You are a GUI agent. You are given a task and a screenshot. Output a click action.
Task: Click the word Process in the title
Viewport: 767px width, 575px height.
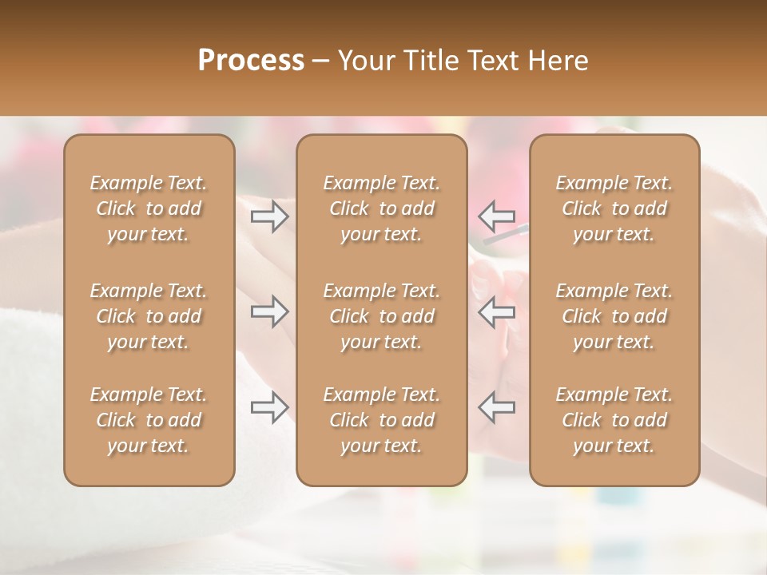click(251, 60)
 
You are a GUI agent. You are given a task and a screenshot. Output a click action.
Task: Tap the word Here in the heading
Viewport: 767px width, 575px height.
click(558, 60)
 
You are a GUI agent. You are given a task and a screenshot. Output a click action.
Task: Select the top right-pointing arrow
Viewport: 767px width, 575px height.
click(269, 216)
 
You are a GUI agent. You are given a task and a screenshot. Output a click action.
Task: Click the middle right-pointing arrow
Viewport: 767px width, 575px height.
click(269, 311)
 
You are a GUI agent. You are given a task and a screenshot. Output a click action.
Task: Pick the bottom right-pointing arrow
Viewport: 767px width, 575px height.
click(269, 407)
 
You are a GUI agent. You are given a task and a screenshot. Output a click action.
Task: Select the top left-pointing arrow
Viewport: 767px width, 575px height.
click(496, 216)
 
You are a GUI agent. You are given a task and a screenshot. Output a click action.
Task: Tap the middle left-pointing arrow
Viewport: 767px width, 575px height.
click(496, 311)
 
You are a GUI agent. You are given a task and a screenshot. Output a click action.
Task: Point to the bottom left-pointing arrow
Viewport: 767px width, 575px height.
click(496, 407)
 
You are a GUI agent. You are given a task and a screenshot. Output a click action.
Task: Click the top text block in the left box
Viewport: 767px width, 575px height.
click(149, 208)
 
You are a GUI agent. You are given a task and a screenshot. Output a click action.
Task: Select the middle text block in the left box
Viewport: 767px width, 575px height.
click(149, 316)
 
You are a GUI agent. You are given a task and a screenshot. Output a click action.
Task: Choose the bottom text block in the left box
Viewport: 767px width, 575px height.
click(149, 420)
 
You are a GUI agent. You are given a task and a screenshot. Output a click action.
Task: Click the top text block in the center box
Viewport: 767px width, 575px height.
click(381, 208)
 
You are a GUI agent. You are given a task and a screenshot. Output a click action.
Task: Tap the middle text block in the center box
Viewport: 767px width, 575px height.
click(381, 316)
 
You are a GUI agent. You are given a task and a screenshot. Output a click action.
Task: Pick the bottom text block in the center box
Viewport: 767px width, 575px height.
click(381, 420)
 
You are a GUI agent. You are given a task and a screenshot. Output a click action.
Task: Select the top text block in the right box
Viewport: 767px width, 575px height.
click(614, 208)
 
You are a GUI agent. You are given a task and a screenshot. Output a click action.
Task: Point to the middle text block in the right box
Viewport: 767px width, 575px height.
click(614, 316)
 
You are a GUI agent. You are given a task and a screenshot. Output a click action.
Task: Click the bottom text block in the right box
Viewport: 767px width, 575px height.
click(614, 420)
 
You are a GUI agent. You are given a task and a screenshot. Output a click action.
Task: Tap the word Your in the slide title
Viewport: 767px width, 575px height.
click(366, 60)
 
